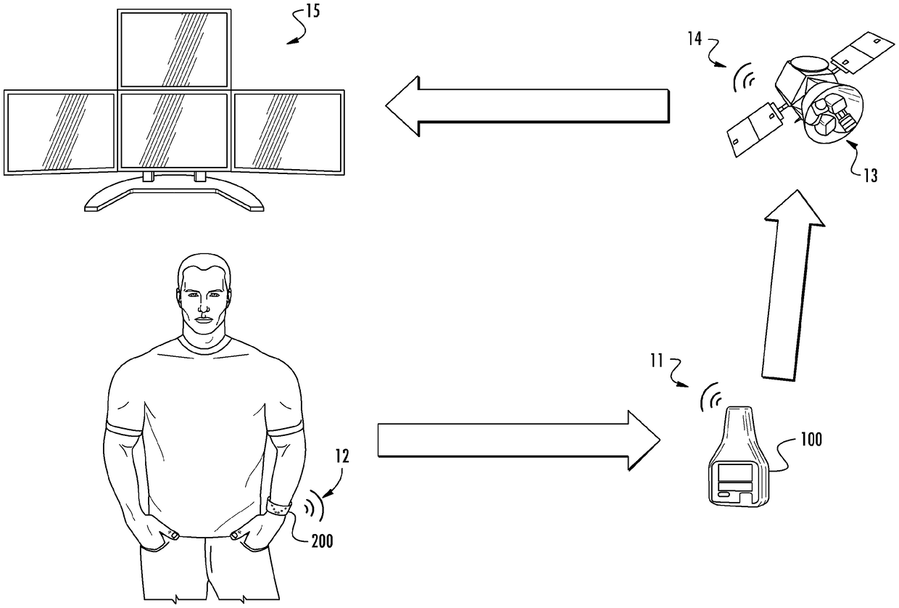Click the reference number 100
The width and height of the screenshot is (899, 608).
click(x=811, y=440)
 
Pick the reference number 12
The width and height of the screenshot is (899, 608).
click(x=342, y=457)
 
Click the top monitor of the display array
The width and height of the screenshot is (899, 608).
click(x=173, y=49)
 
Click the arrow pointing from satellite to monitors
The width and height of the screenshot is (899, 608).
click(x=526, y=106)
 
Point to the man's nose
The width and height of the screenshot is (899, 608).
click(x=203, y=308)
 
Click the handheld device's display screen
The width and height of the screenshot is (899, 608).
click(x=737, y=475)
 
